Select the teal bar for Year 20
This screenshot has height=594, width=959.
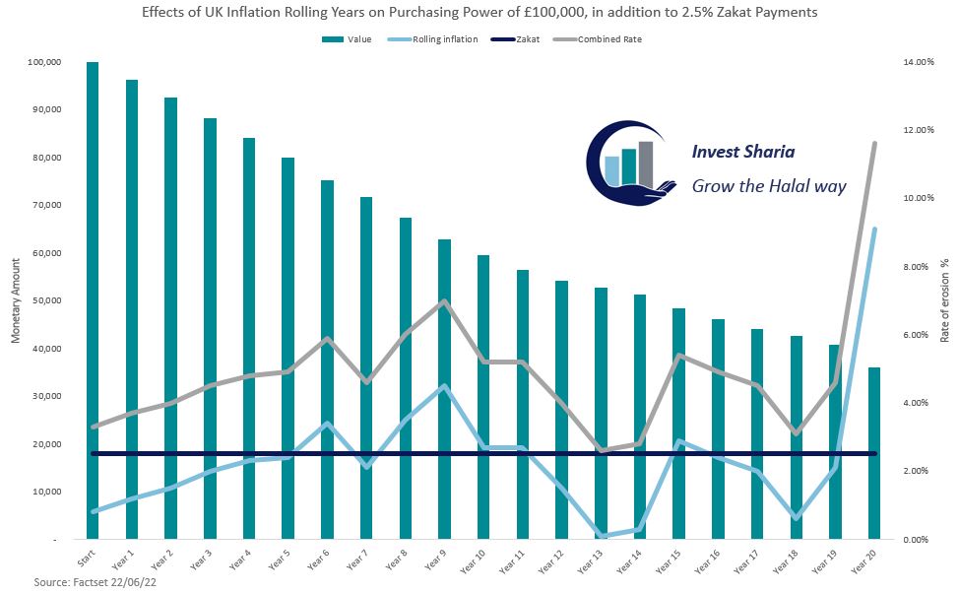874,453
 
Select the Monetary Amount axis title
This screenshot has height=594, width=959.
16,299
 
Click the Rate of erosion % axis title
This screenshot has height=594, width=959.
943,300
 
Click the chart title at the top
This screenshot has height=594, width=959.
479,14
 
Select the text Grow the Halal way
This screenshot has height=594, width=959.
769,185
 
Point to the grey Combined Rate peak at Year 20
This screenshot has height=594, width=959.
874,144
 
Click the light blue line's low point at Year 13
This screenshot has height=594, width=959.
601,536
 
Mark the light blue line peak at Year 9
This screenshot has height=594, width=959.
444,386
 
